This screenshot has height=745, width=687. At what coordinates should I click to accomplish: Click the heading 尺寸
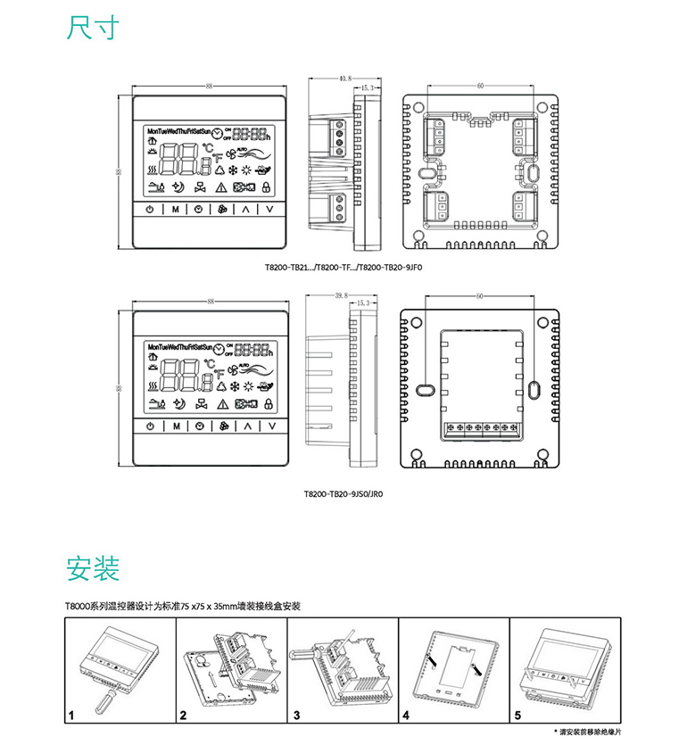coord(92,28)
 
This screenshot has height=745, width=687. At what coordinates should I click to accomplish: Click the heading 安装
coord(92,567)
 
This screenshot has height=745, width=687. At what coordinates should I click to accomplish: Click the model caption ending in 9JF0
coord(342,265)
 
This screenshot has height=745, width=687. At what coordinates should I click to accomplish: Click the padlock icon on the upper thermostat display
coord(265,187)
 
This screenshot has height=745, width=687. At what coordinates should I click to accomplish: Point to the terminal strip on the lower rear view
coord(482,428)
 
